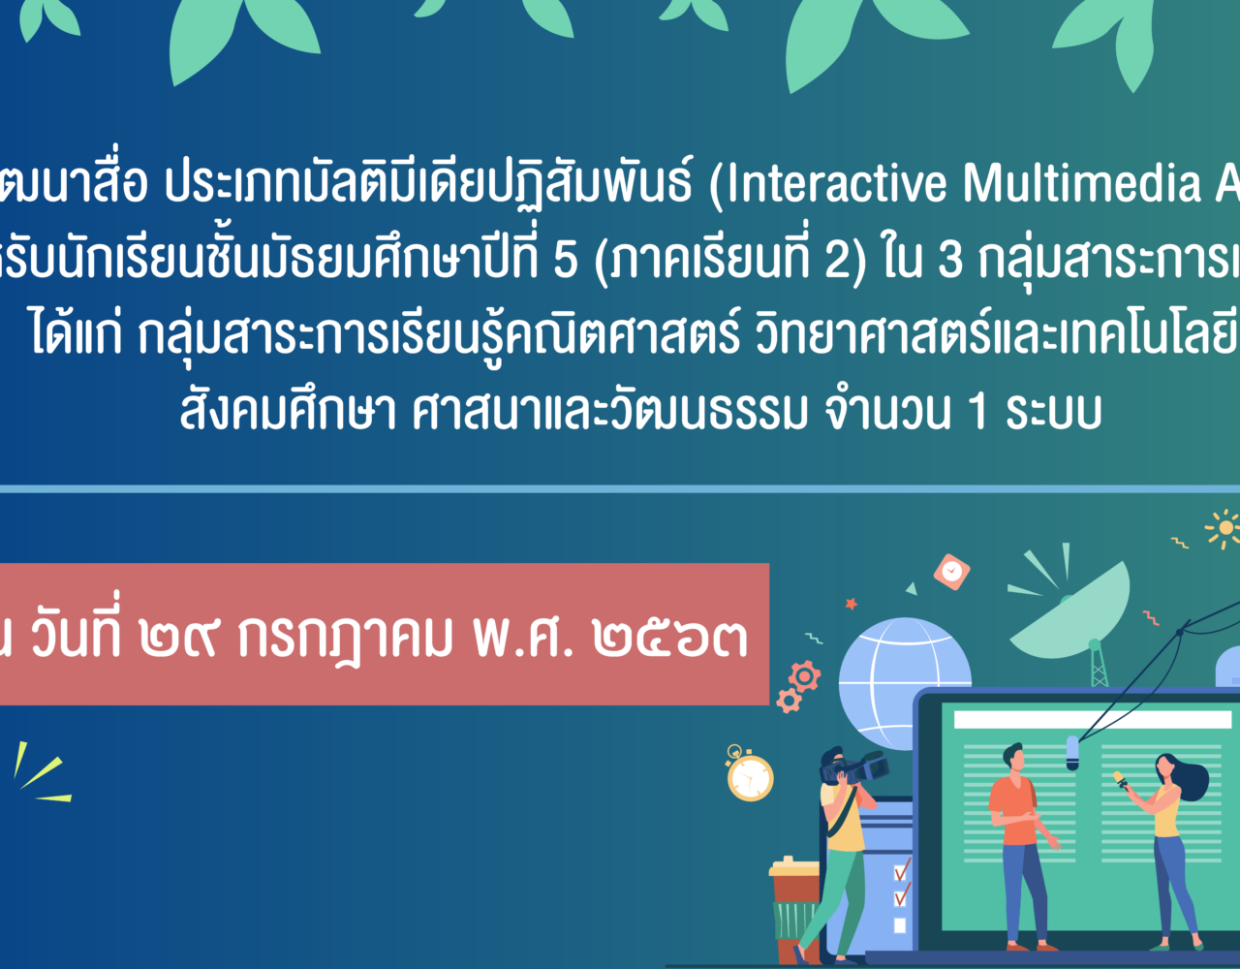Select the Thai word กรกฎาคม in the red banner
pos(345,640)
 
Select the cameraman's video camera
pos(854,767)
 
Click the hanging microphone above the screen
pos(1072,753)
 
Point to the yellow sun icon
pos(1224,528)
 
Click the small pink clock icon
pos(952,572)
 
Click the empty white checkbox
pos(900,925)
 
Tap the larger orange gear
pos(805,676)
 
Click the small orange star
pos(851,603)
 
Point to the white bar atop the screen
pos(1093,719)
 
